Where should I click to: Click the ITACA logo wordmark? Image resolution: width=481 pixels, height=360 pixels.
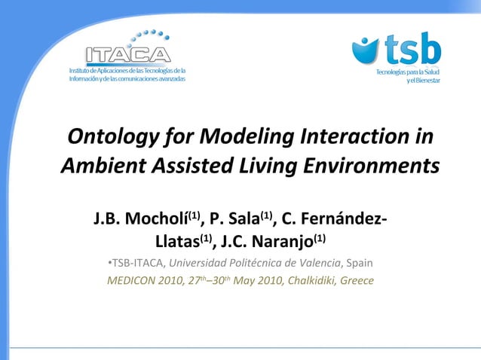click(x=128, y=55)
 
